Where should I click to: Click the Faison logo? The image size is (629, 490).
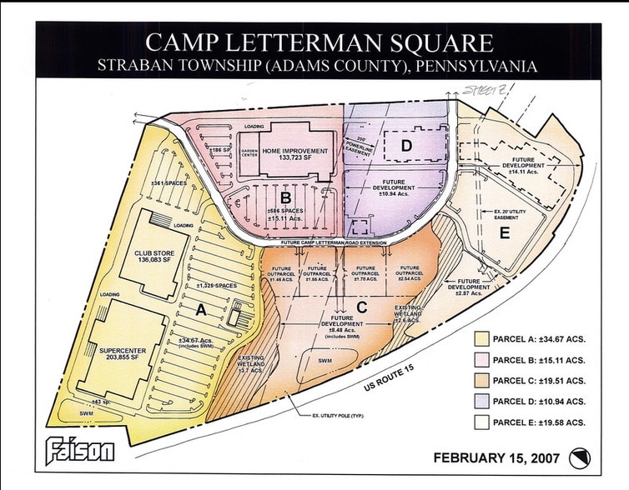[80, 452]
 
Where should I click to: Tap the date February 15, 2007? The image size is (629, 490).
[497, 457]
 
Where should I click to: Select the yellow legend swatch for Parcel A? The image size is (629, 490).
[481, 339]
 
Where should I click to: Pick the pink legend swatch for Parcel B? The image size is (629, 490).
[481, 360]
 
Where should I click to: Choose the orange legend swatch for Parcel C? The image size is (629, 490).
[481, 381]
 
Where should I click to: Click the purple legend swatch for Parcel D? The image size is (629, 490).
[481, 402]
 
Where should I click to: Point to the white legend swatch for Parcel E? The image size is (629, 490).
[481, 422]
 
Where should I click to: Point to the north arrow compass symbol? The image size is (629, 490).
[576, 457]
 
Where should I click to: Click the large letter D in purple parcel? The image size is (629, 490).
[405, 147]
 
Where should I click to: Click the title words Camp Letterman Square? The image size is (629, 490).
[320, 43]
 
